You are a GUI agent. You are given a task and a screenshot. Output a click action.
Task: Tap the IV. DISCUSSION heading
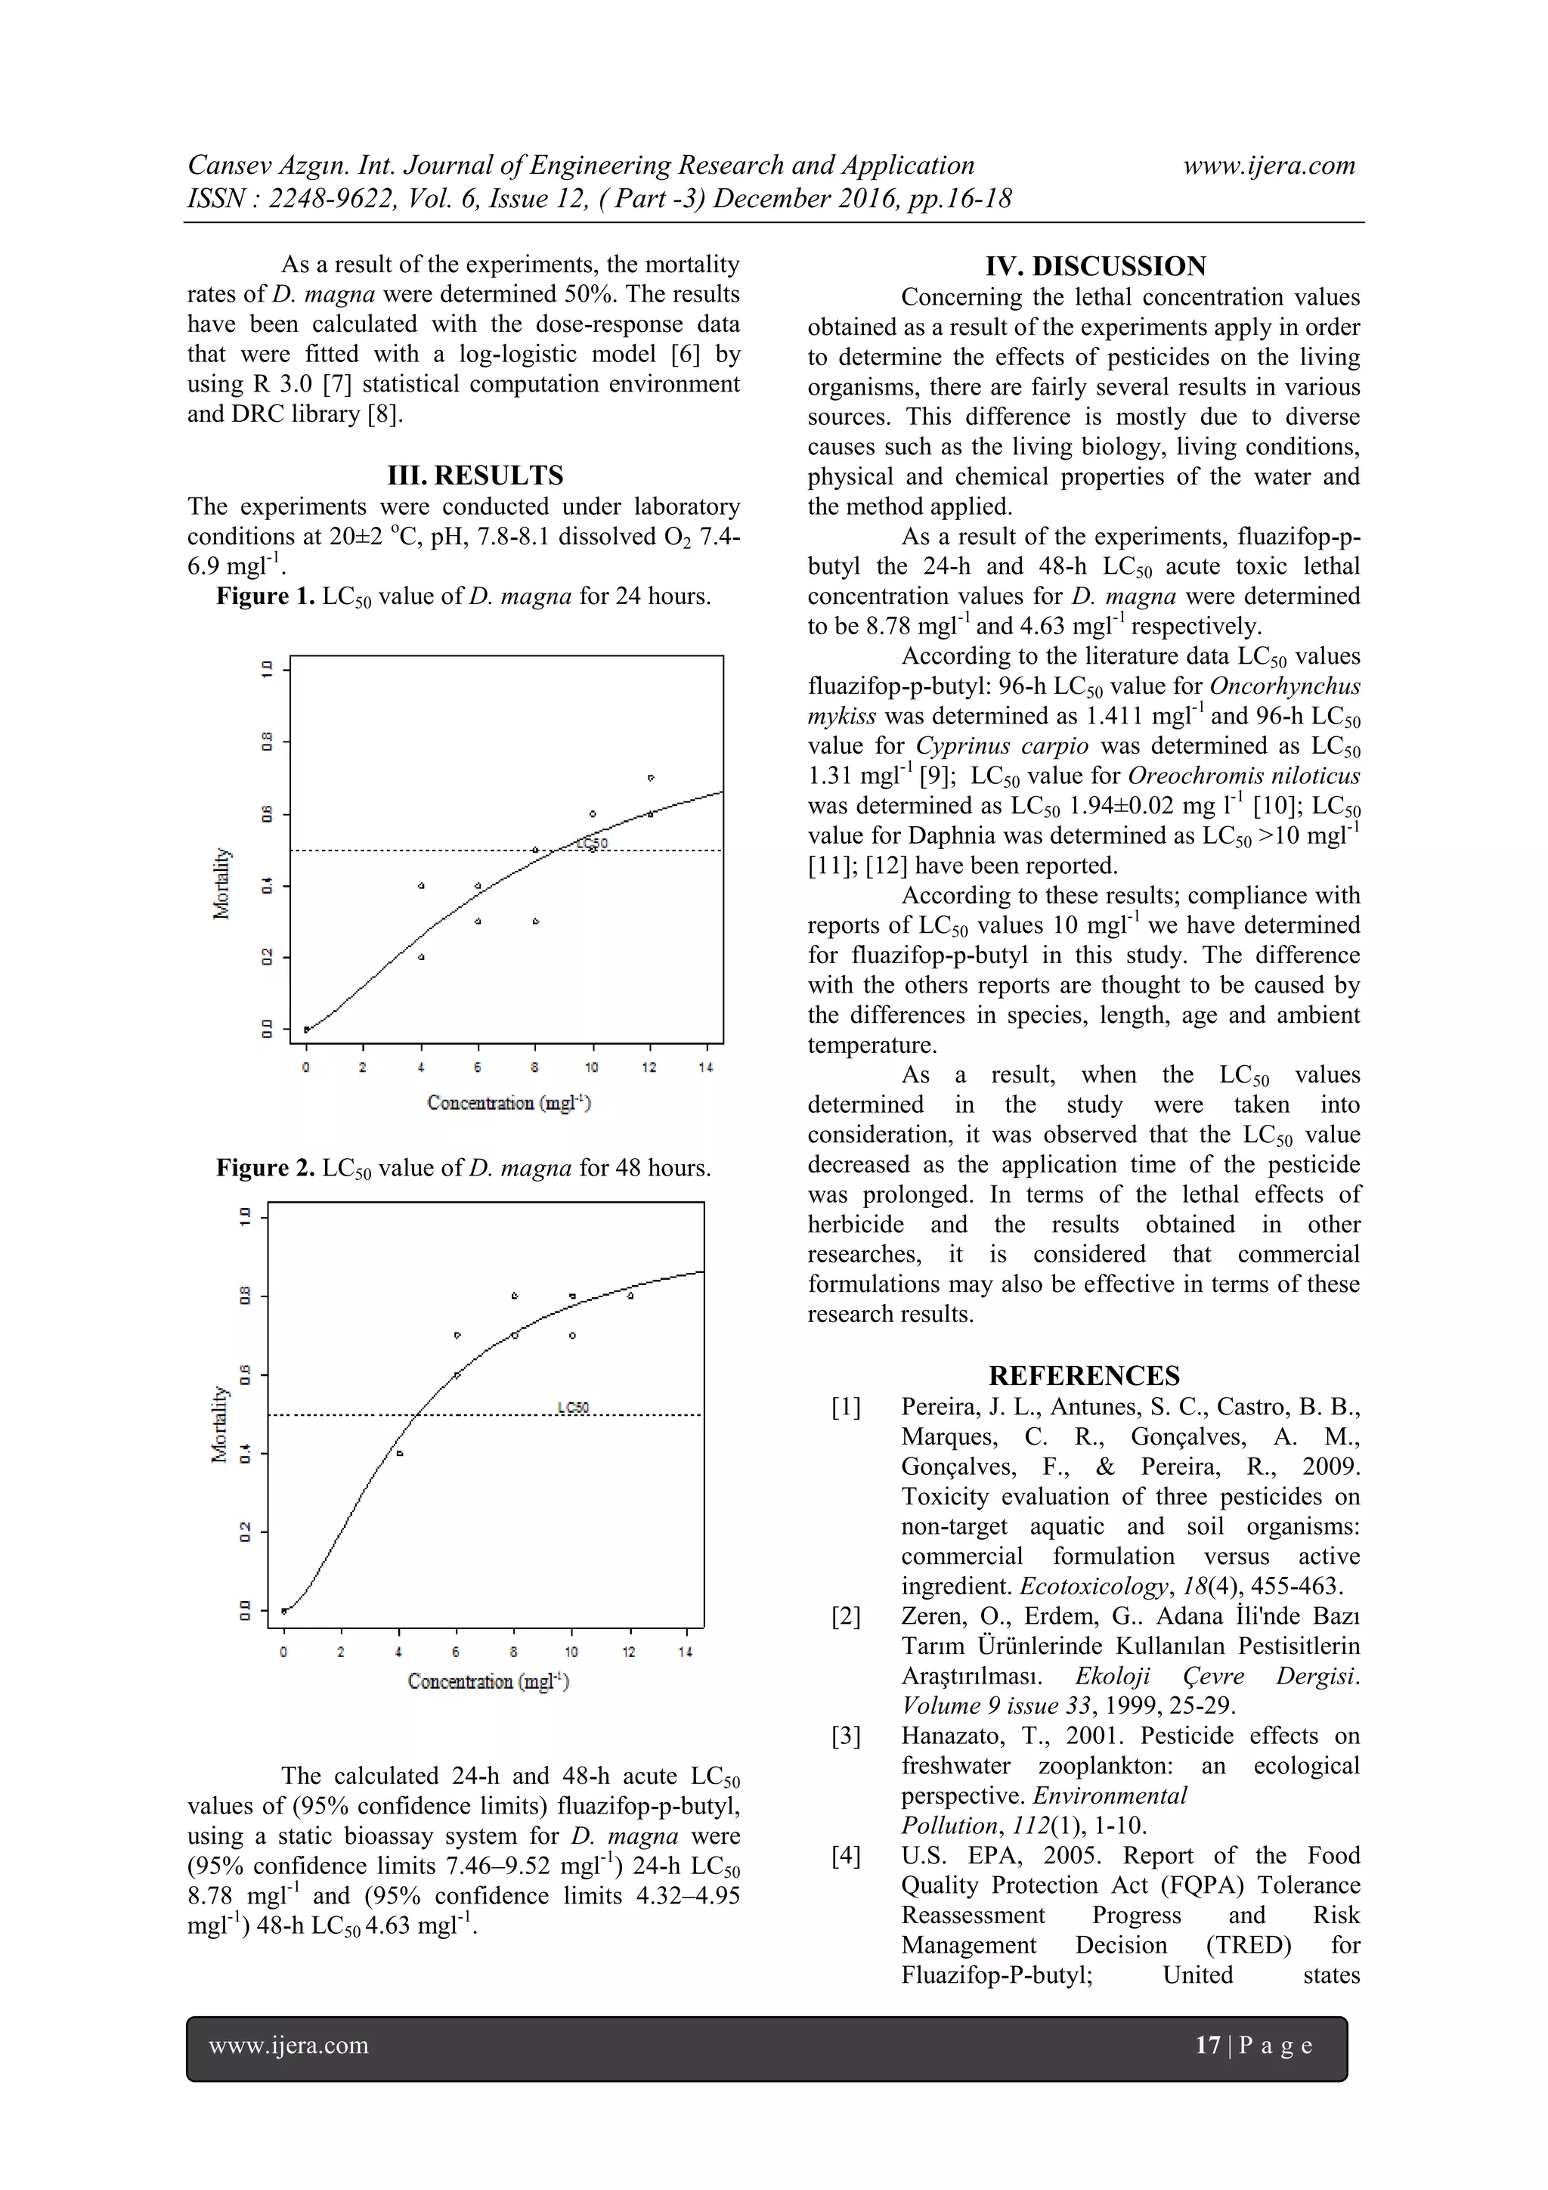click(x=1095, y=266)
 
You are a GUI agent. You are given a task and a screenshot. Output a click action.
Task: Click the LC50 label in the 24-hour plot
click(x=593, y=843)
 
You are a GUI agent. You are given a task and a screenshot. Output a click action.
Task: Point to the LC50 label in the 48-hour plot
click(x=573, y=1407)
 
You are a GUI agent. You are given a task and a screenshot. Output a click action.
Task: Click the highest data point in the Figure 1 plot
click(x=651, y=777)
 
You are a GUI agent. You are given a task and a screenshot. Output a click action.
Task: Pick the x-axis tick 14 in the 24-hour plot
click(x=706, y=1067)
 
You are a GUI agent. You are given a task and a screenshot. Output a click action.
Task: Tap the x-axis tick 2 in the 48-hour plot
click(x=340, y=1652)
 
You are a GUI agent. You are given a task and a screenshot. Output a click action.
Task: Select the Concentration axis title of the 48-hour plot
click(x=488, y=1681)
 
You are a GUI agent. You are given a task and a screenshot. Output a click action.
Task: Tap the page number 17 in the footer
click(x=1208, y=2045)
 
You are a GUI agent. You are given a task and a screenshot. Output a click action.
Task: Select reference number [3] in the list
click(x=846, y=1736)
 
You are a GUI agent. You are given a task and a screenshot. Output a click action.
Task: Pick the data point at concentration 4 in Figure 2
click(x=400, y=1454)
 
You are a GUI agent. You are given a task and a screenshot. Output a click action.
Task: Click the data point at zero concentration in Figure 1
click(x=306, y=1029)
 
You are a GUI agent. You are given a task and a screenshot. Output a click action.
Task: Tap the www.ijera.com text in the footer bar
click(x=288, y=2045)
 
